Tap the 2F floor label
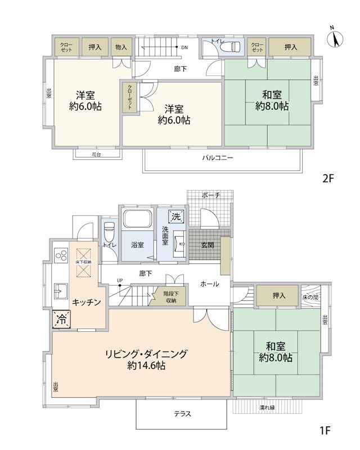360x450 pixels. [328, 178]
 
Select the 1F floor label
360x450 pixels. [326, 431]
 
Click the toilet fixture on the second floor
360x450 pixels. [233, 46]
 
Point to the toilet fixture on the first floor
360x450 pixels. [109, 231]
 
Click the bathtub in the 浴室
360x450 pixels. [137, 218]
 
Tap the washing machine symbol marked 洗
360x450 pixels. [176, 217]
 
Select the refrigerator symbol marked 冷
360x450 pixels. [61, 319]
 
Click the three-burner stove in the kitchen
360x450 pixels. [61, 255]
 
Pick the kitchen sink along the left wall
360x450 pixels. [61, 291]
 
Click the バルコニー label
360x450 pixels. [218, 157]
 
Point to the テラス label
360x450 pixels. [182, 413]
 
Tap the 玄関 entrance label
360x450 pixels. [207, 245]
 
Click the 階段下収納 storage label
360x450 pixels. [171, 297]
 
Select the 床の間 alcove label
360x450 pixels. [310, 298]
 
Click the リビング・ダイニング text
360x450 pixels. [146, 354]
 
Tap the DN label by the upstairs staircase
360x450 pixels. [184, 48]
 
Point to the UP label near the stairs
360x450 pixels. [120, 280]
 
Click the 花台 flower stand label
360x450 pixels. [96, 155]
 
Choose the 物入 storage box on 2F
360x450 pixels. [121, 47]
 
